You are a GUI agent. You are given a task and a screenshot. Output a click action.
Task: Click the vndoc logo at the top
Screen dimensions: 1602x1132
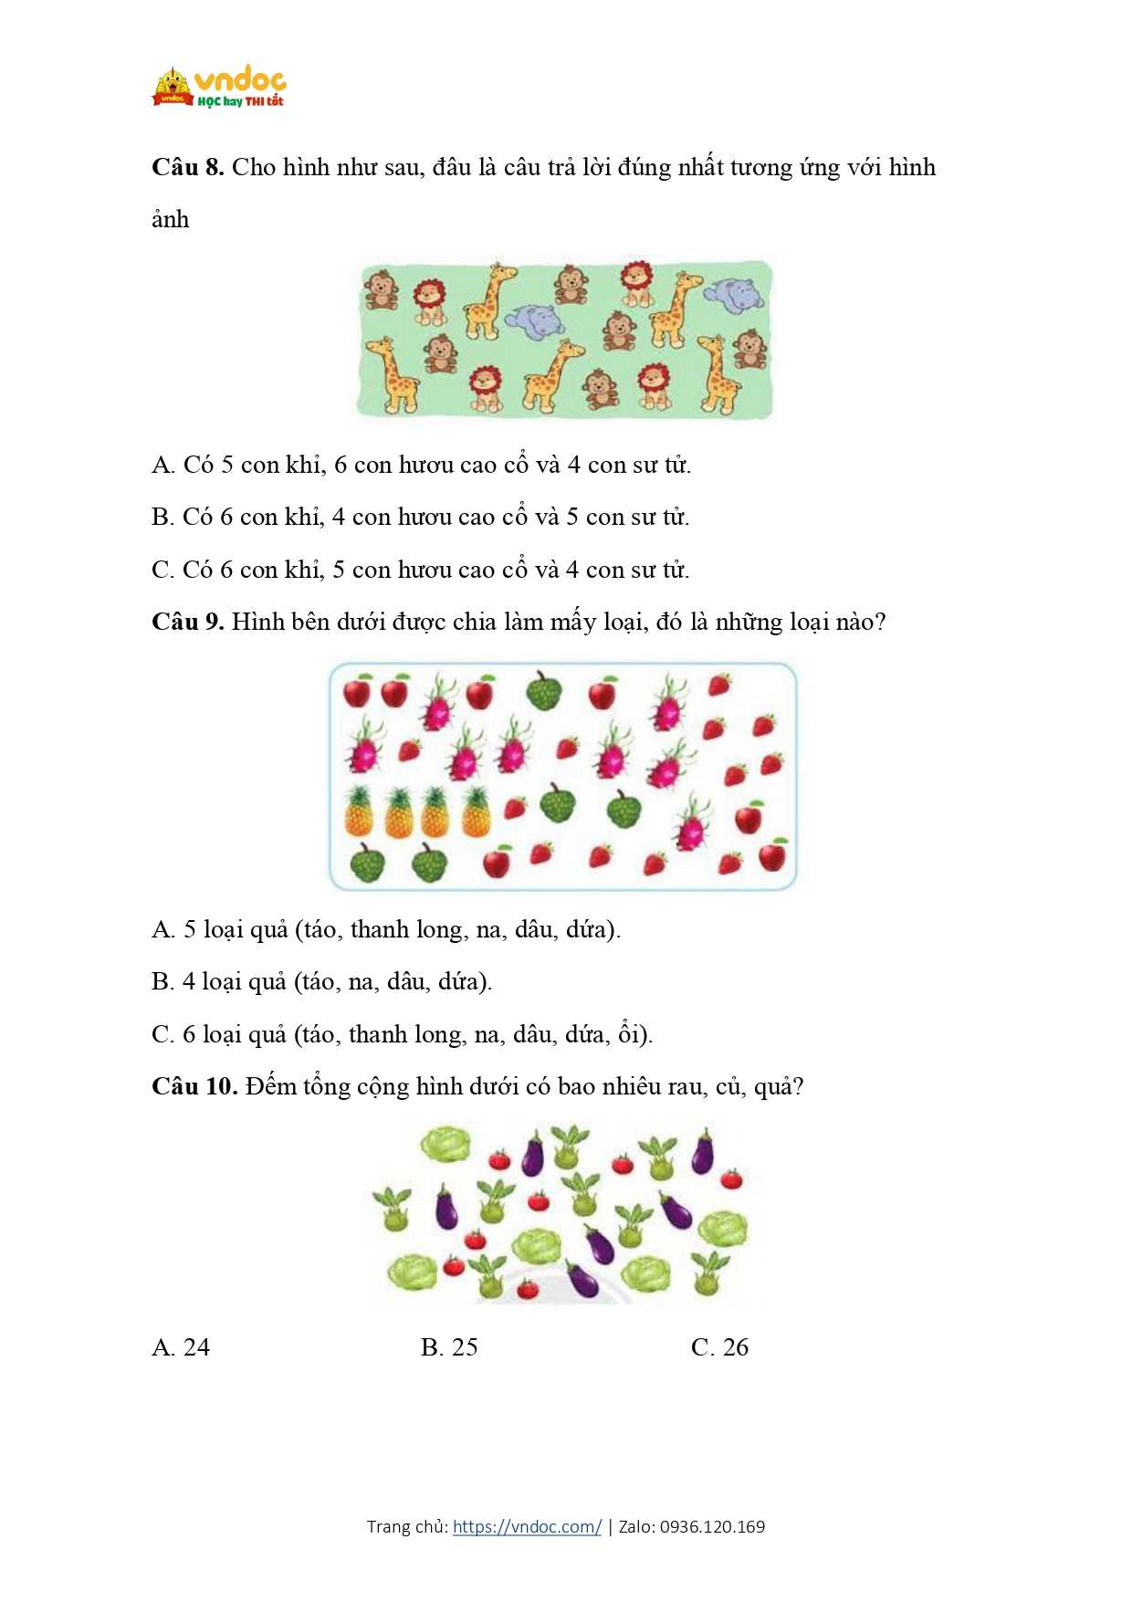[x=219, y=87]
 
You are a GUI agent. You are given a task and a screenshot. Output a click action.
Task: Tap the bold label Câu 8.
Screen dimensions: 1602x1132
[x=187, y=167]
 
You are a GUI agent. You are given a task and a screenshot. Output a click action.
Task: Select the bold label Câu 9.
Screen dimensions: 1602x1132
[x=187, y=622]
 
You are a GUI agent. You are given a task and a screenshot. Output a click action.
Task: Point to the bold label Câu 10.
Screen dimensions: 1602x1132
[x=194, y=1086]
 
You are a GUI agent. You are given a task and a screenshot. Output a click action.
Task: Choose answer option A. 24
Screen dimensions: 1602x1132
[x=181, y=1347]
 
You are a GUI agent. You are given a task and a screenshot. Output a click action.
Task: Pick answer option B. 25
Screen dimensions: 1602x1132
[x=449, y=1347]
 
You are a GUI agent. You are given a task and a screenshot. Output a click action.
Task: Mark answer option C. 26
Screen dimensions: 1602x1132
[x=719, y=1347]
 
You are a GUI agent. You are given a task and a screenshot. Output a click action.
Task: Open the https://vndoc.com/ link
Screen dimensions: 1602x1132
[x=527, y=1526]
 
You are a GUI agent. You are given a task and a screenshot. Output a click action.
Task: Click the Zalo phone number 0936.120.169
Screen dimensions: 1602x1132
[x=712, y=1526]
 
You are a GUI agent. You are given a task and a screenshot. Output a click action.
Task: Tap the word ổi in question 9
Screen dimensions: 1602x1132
[x=630, y=1034]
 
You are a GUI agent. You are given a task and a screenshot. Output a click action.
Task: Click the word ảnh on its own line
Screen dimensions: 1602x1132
[x=171, y=220]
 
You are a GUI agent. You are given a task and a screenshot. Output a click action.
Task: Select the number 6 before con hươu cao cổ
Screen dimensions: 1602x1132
[x=341, y=466]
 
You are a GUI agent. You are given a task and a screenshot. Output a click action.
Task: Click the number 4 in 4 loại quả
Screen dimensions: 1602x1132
[x=189, y=982]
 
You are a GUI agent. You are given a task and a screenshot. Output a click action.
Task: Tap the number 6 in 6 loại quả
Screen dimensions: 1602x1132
[x=189, y=1034]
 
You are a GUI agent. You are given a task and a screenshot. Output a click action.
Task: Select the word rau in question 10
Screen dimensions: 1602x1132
[x=684, y=1087]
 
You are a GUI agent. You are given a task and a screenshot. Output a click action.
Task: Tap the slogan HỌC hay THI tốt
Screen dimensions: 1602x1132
[x=240, y=101]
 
